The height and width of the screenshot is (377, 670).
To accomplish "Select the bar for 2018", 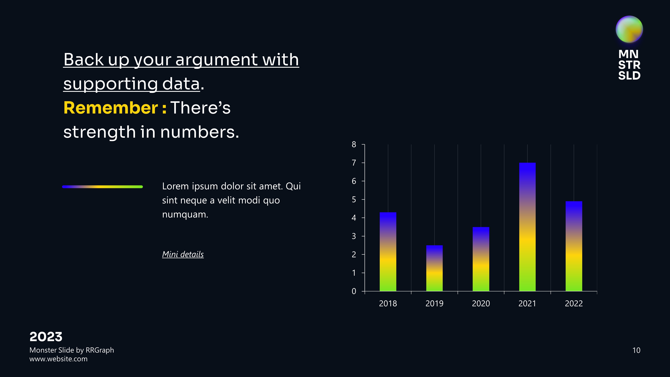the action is (x=388, y=252).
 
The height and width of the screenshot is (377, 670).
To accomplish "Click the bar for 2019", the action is (x=434, y=268).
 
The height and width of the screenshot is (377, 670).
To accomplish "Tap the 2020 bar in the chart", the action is (x=481, y=259).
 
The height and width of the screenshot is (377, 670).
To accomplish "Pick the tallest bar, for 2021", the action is (x=527, y=227).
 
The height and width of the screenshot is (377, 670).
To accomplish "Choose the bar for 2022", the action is (x=574, y=246).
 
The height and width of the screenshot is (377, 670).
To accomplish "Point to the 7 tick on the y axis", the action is (x=354, y=163).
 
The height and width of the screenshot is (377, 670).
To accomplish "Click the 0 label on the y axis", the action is (x=354, y=291).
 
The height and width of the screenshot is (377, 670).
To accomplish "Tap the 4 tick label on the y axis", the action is (x=354, y=218).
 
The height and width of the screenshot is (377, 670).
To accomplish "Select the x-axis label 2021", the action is (x=527, y=303).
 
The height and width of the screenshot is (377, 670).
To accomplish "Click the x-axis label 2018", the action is (x=388, y=303).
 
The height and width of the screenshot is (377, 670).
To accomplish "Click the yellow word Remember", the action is (x=111, y=108).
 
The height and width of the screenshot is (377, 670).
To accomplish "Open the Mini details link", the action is (x=183, y=254).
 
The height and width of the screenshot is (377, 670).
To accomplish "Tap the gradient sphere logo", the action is (x=629, y=29).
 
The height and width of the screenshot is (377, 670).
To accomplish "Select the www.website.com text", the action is (x=58, y=359).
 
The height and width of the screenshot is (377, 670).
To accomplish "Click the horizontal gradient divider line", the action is (x=103, y=186).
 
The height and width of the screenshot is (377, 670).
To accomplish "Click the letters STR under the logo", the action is (x=629, y=65).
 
